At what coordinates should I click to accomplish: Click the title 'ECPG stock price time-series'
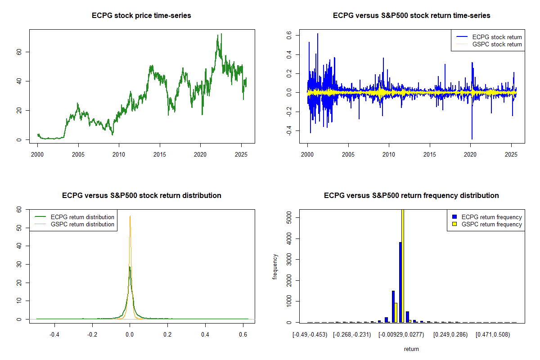[142, 16]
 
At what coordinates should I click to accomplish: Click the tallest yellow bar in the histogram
[403, 265]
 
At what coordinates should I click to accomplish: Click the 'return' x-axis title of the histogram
[411, 349]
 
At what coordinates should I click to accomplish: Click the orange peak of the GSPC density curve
[130, 217]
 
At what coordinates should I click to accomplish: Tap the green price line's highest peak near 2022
[221, 34]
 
